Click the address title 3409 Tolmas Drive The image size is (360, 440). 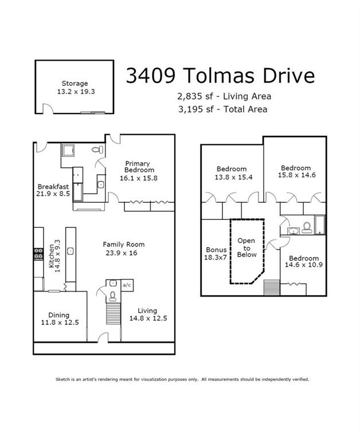click(x=220, y=76)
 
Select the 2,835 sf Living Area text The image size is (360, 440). click(x=225, y=96)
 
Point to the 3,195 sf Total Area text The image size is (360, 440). click(x=225, y=109)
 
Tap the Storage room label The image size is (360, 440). click(x=75, y=87)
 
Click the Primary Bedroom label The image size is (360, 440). click(x=140, y=170)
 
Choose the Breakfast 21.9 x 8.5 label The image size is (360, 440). click(x=53, y=190)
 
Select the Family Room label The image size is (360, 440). click(x=124, y=249)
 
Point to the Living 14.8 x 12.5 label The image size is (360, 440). click(x=147, y=315)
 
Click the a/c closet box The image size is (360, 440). click(x=127, y=285)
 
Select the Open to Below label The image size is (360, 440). click(x=246, y=248)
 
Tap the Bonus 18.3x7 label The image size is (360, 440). click(x=216, y=254)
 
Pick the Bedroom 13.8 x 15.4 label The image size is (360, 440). click(x=231, y=173)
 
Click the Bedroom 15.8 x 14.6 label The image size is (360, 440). click(x=295, y=172)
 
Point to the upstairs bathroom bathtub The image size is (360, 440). click(x=320, y=225)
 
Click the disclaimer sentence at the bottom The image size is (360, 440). click(x=182, y=379)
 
